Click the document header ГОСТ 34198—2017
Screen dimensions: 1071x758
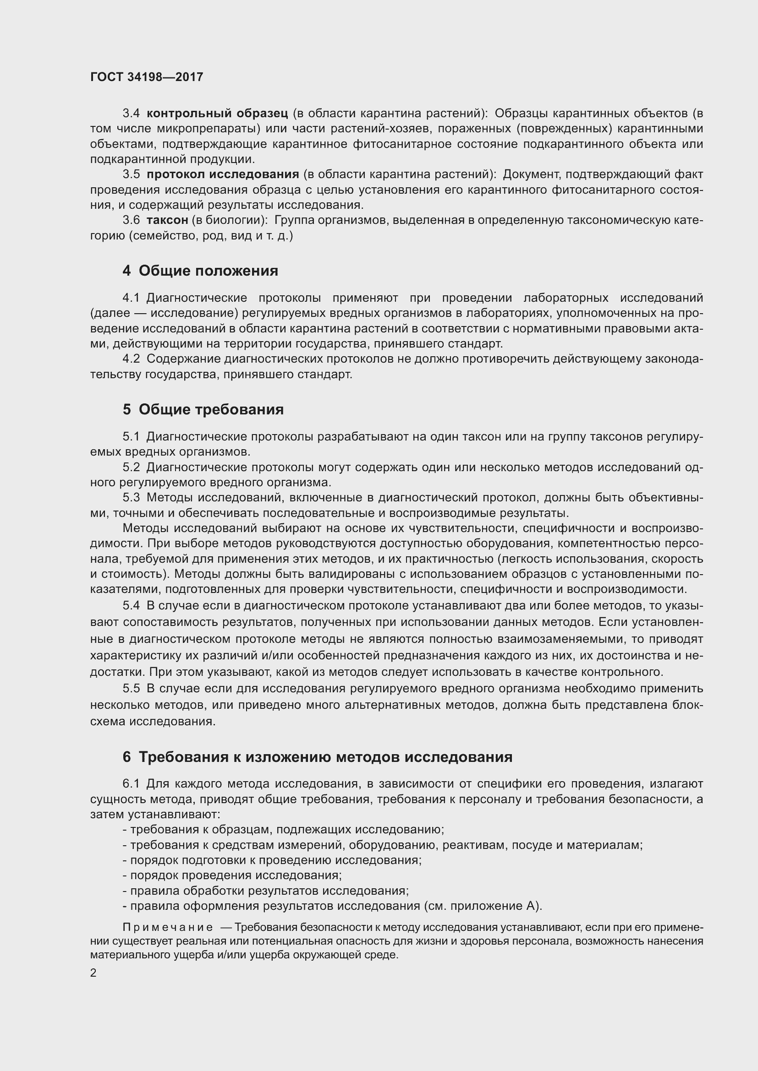tap(147, 77)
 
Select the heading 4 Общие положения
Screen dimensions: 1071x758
tap(200, 271)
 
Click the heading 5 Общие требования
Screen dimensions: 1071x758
tap(203, 409)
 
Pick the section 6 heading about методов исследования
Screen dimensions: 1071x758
tap(318, 756)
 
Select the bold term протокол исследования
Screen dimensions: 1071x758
tap(223, 174)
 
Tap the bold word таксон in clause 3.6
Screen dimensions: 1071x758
tap(167, 220)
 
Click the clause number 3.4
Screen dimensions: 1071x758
tap(131, 114)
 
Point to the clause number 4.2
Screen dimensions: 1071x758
tap(131, 359)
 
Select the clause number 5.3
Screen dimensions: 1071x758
tap(131, 498)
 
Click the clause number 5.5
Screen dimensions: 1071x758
tap(131, 689)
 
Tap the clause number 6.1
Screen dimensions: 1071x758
tap(131, 783)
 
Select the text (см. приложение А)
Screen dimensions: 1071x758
tap(483, 906)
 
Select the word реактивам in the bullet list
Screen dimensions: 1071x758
tap(475, 845)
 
